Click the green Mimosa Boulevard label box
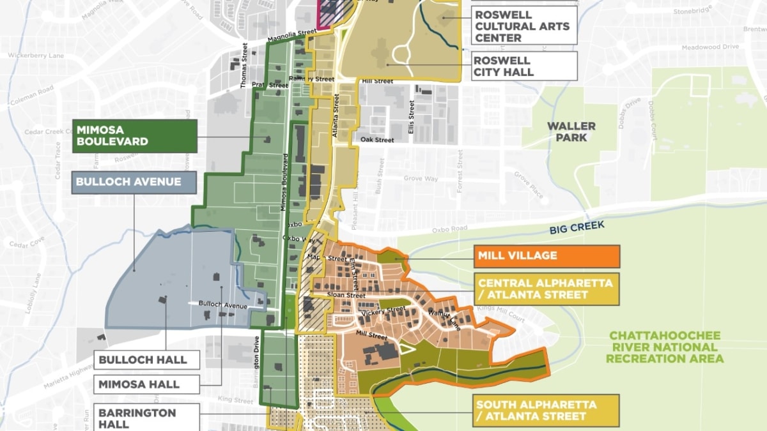click(x=135, y=136)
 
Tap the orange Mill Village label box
click(x=547, y=256)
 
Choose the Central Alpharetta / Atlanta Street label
click(x=547, y=289)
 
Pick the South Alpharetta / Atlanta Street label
click(x=547, y=411)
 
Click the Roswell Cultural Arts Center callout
click(x=524, y=26)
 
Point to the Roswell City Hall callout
click(x=524, y=66)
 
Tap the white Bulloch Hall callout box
click(x=146, y=360)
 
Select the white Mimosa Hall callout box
click(x=146, y=384)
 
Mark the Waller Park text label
click(x=571, y=132)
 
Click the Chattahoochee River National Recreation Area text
click(x=665, y=347)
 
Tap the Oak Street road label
click(x=377, y=140)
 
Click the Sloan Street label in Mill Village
click(x=346, y=296)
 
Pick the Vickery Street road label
click(x=383, y=311)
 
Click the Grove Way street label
click(x=421, y=179)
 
